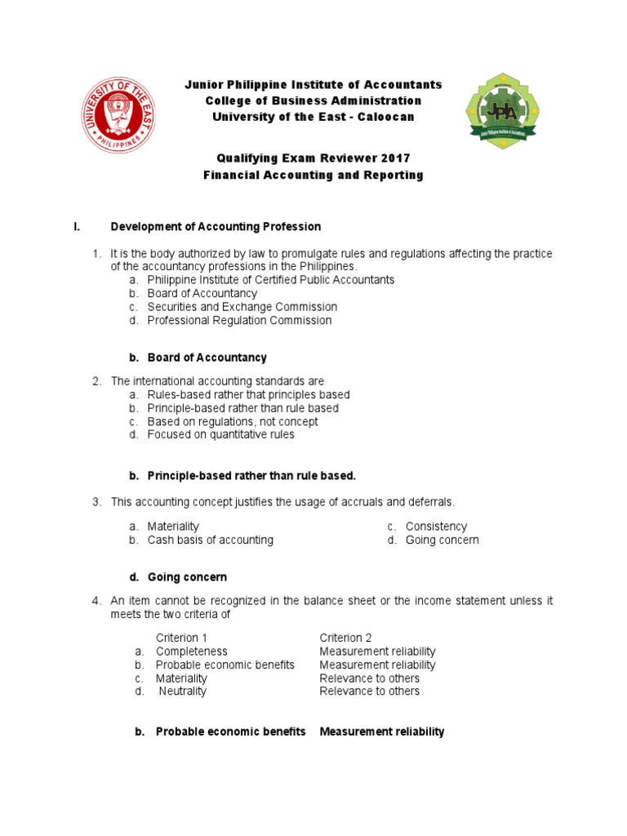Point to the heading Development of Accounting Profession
coord(216,226)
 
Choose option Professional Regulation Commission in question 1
coord(239,320)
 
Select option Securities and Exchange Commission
coord(242,307)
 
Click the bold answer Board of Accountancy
coord(207,358)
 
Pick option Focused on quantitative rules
coord(220,434)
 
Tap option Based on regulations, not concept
coord(233,421)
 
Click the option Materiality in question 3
coord(173,527)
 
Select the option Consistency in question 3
coord(436,527)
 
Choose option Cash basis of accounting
coord(210,540)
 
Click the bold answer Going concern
coord(187,577)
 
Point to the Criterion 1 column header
coord(181,638)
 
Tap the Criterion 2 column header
coord(345,638)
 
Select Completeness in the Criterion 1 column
coord(191,651)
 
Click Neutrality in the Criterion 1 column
coord(183,691)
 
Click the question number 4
coord(96,601)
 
